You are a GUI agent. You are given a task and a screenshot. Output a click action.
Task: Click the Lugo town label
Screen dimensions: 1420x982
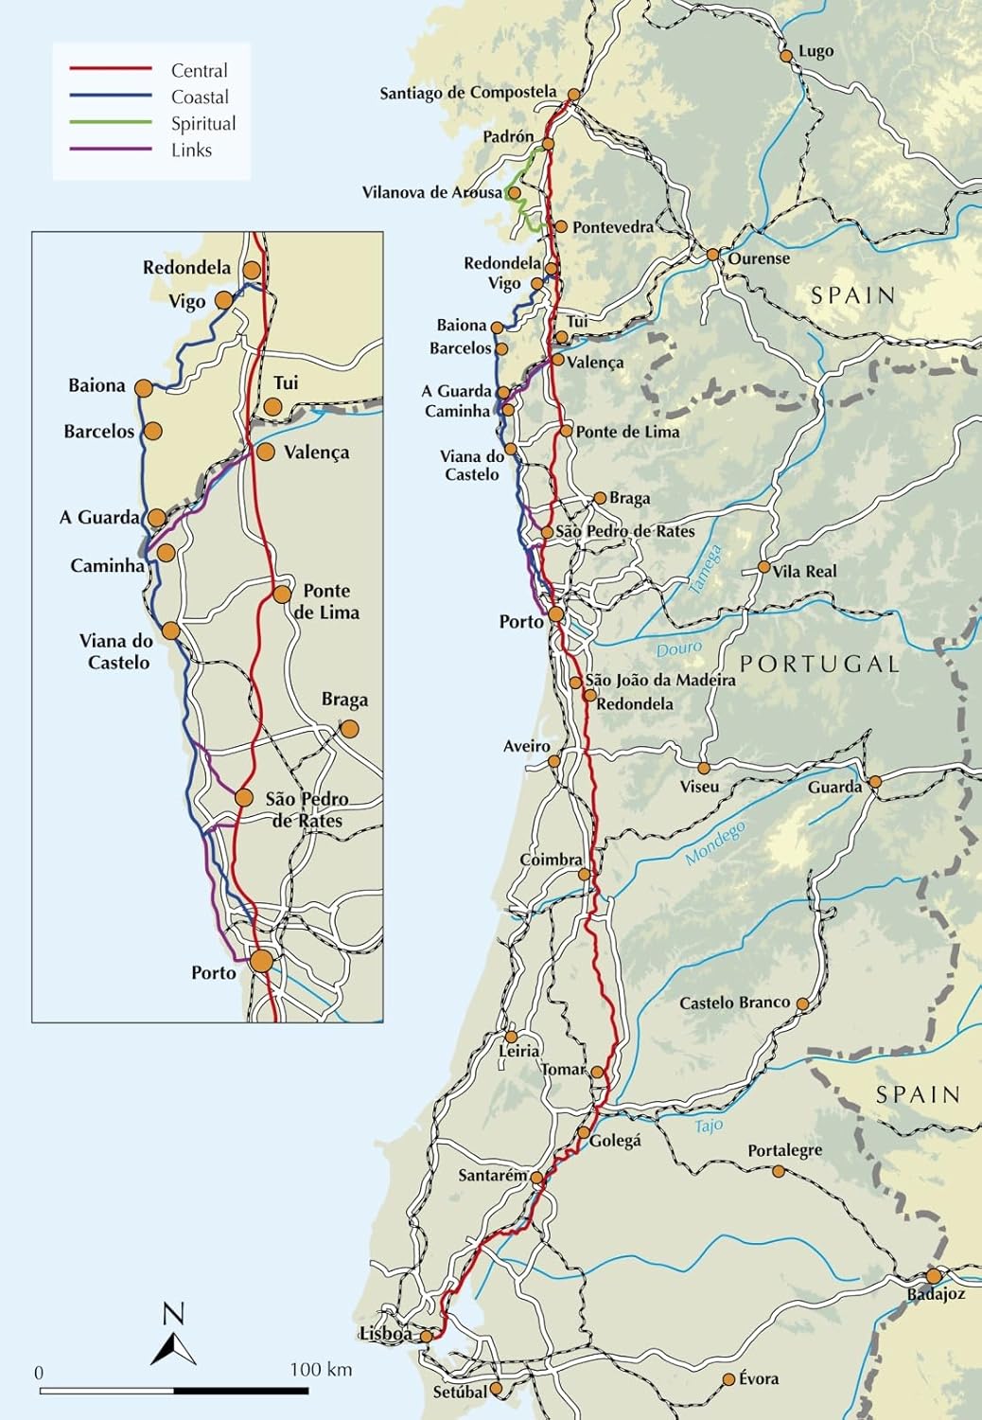pos(815,51)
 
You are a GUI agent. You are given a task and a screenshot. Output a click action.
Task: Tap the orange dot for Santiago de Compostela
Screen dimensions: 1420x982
pos(575,94)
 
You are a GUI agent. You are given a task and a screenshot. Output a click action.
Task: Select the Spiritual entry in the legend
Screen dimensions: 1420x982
pos(203,123)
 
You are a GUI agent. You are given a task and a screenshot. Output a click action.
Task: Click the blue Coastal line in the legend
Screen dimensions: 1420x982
pos(111,96)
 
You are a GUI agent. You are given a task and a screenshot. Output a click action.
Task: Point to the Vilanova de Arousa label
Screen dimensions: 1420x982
pos(432,192)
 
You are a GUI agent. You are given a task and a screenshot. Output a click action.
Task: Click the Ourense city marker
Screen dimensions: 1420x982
pos(712,254)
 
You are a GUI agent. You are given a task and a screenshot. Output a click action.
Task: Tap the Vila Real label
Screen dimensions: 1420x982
pos(804,571)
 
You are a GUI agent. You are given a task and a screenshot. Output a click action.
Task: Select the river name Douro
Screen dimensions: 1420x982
pos(679,648)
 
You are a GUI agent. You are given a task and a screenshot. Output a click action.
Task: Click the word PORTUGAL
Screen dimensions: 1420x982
pos(819,664)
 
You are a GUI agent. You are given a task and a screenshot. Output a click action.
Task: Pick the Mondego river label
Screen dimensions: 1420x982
pos(715,843)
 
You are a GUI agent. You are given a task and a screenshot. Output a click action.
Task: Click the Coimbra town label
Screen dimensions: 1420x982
pos(551,860)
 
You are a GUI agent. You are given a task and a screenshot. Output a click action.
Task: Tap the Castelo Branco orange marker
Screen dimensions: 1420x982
pos(802,1003)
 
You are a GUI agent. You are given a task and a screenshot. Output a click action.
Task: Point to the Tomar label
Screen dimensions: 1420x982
pos(563,1069)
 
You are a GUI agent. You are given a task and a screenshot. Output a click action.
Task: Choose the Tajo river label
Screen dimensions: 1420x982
pos(709,1126)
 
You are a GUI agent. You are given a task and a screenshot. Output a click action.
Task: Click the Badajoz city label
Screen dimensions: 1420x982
pos(936,1293)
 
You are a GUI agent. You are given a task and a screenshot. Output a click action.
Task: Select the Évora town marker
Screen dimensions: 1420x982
pos(728,1379)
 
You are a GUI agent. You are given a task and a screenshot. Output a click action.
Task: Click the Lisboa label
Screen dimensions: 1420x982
pos(385,1334)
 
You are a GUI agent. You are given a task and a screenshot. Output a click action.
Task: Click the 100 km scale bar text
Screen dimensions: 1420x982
pos(321,1370)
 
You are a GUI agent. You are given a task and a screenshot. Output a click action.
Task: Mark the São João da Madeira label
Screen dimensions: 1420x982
pos(660,680)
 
